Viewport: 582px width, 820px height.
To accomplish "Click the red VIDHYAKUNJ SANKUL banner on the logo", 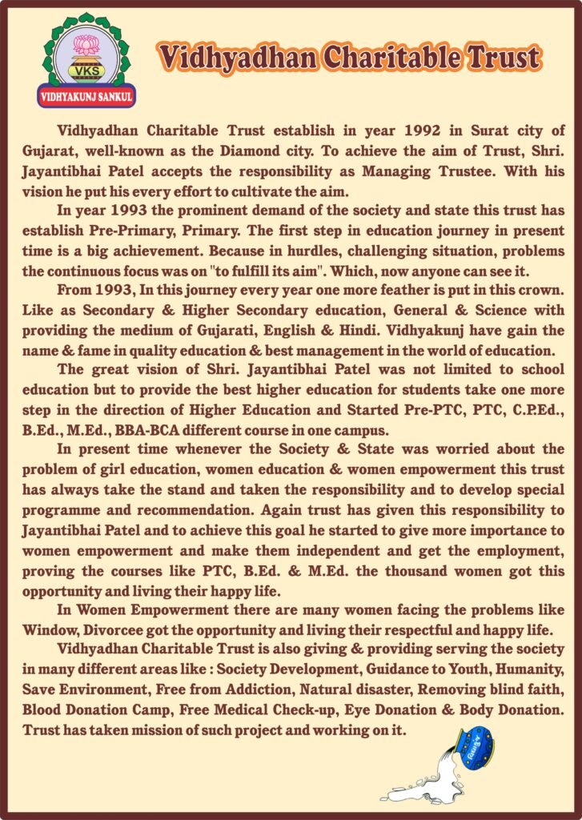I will [x=87, y=98].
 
